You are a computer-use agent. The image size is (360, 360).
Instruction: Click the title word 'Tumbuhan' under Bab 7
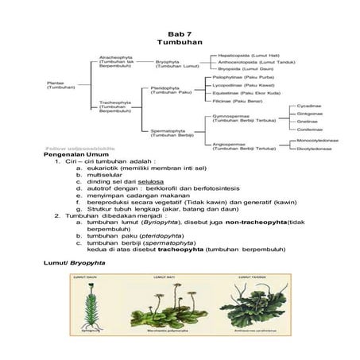pyautogui.click(x=180, y=41)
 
